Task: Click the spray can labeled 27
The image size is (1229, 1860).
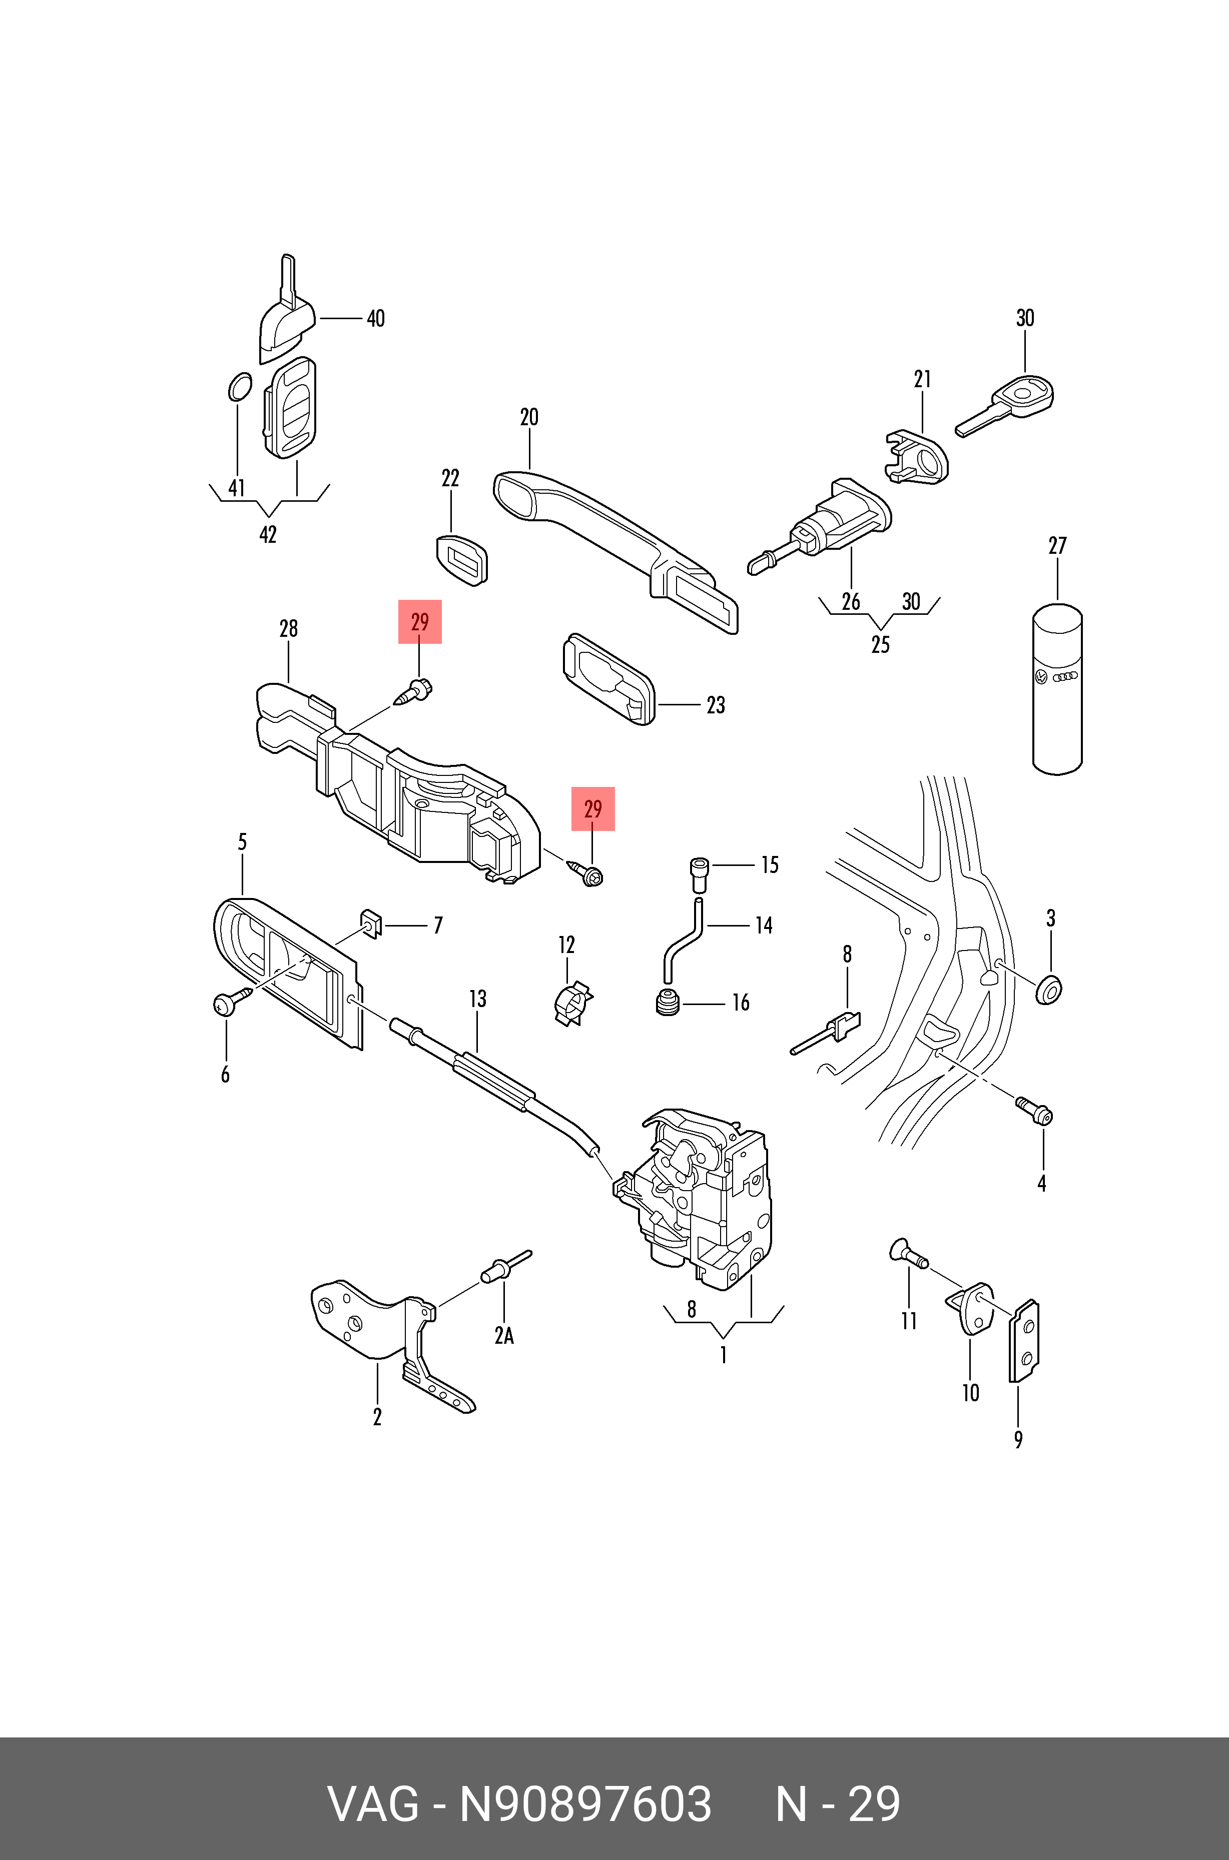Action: point(1057,689)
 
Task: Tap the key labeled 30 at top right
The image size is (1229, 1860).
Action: point(1007,404)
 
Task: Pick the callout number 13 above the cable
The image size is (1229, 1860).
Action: point(477,999)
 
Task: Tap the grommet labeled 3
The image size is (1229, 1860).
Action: point(1049,990)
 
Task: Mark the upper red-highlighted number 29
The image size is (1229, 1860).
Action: point(420,622)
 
